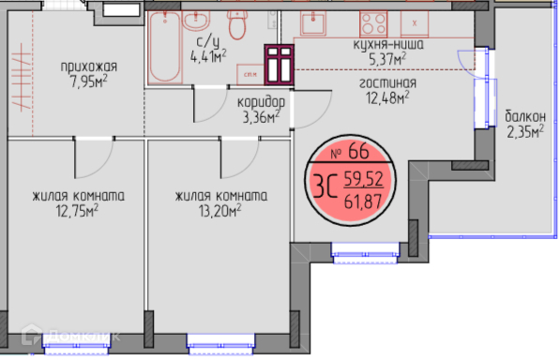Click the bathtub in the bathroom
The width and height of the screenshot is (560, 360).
tap(165, 47)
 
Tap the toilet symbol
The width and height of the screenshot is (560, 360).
tap(236, 24)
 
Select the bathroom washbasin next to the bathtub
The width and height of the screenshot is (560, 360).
tap(196, 21)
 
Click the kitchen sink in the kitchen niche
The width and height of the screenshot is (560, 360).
tap(313, 23)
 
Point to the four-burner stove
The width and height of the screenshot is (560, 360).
tap(373, 24)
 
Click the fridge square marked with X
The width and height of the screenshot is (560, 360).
tap(415, 23)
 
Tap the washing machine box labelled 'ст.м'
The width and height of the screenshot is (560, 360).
tap(250, 75)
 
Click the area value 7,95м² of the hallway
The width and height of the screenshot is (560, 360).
tap(89, 82)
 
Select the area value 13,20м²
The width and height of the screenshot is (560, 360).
tap(220, 211)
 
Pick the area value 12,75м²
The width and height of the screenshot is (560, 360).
tap(77, 211)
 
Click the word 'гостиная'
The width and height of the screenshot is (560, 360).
tap(387, 83)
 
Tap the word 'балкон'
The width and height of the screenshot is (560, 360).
tap(525, 116)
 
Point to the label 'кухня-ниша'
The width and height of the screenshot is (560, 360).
tap(388, 45)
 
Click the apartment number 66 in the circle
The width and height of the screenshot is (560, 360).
tap(358, 151)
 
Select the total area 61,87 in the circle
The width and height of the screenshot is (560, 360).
tap(363, 202)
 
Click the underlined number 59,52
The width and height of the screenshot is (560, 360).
tap(364, 179)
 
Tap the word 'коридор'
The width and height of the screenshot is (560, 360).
tap(261, 103)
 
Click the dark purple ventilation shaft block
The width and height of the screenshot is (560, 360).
tap(279, 65)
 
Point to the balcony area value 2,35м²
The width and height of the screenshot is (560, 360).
tap(525, 131)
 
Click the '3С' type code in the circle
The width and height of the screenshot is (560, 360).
tap(325, 186)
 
